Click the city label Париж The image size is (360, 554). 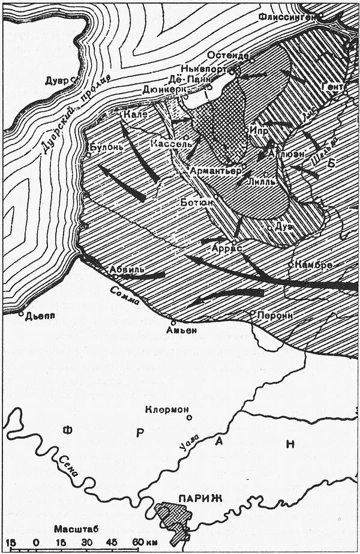coord(200,498)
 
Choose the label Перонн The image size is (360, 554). coord(274,315)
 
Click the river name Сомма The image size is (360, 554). coord(125,295)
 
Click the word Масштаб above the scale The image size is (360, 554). coord(76,529)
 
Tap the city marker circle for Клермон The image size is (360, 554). coord(189,417)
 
